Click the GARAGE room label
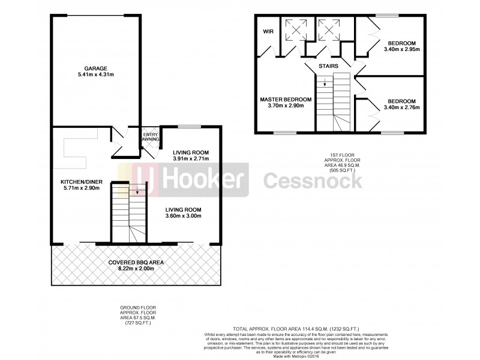[96, 68]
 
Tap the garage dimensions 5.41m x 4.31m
[96, 75]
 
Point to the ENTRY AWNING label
[149, 136]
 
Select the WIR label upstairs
[266, 32]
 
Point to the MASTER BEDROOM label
[286, 99]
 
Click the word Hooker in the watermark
[203, 179]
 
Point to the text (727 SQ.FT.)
[140, 323]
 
